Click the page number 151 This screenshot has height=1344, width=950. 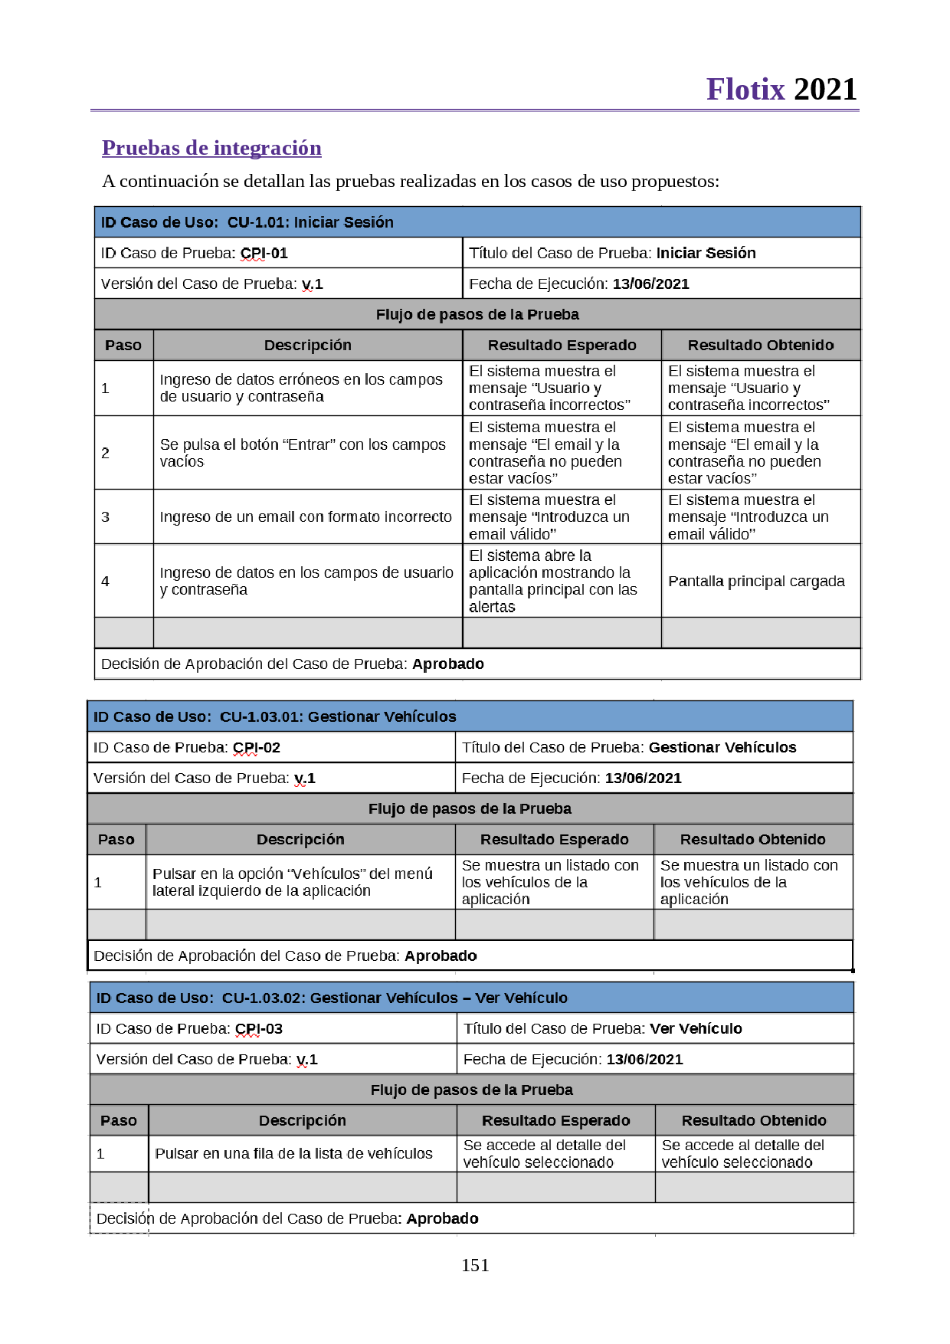[475, 1265]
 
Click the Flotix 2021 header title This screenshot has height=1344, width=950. [781, 90]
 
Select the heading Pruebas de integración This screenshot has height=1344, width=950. [211, 148]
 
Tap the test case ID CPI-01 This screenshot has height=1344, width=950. [264, 253]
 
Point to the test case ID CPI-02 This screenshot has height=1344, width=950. [257, 747]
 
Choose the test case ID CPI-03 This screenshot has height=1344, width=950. [259, 1028]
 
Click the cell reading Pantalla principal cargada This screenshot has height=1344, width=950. [756, 581]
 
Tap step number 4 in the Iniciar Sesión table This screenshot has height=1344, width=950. [106, 581]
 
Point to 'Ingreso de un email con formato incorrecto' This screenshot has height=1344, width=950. [306, 516]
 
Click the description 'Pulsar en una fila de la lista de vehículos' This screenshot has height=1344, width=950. [293, 1153]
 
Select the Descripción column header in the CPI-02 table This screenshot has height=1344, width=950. [300, 839]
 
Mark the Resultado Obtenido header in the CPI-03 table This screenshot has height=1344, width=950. [754, 1120]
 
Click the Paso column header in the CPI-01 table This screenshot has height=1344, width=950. [123, 345]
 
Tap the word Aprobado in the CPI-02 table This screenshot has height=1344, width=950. [441, 956]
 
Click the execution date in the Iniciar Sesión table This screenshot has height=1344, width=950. [650, 284]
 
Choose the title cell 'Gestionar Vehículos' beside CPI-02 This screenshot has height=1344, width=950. [722, 747]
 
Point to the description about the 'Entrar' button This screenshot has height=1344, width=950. [303, 452]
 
